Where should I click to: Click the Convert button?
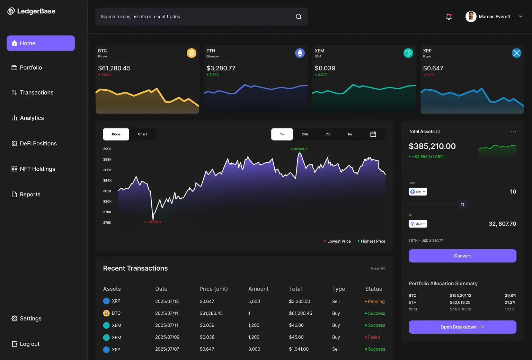[462, 256]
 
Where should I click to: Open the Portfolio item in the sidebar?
[31, 67]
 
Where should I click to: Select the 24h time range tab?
[304, 134]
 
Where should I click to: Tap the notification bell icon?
[449, 17]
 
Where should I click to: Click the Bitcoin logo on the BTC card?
[192, 53]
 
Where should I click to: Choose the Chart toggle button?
[142, 134]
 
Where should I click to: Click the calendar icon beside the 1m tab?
[373, 134]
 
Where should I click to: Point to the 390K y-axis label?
[107, 149]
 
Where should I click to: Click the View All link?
[378, 268]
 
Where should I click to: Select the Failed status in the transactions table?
[374, 337]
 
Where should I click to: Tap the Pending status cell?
[376, 301]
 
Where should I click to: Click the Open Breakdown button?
[462, 327]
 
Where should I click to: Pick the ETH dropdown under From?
[418, 192]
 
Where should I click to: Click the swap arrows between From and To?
[463, 205]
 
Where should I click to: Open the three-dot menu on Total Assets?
[513, 132]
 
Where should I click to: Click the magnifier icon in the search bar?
[299, 17]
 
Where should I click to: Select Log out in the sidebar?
[30, 344]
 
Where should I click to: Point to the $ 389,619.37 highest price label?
[299, 149]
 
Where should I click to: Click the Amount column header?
[258, 289]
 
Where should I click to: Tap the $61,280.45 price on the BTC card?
[114, 68]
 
